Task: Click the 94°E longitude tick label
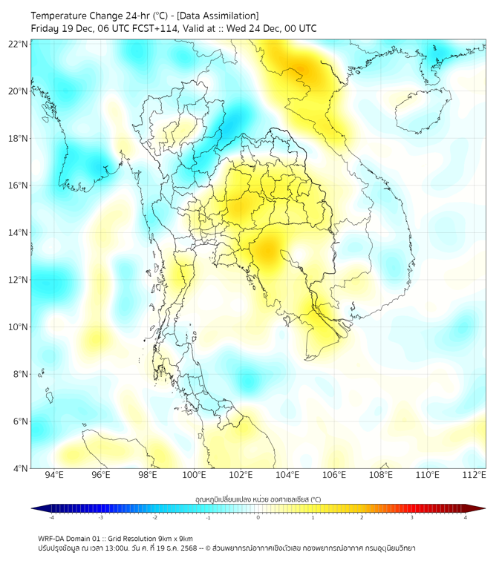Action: pyautogui.click(x=54, y=476)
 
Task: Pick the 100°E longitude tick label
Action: pyautogui.click(x=195, y=476)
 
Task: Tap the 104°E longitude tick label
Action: pyautogui.click(x=288, y=476)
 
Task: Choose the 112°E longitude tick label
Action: pyautogui.click(x=475, y=476)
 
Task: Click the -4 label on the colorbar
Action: pyautogui.click(x=51, y=517)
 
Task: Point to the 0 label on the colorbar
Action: pyautogui.click(x=258, y=517)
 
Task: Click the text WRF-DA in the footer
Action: pyautogui.click(x=53, y=538)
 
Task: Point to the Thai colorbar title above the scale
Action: pyautogui.click(x=258, y=499)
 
